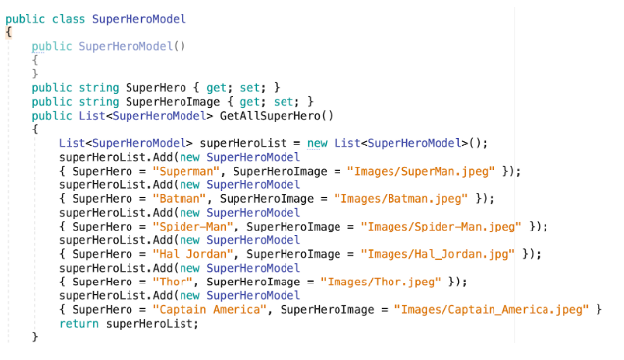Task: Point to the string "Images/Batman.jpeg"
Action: pos(399,198)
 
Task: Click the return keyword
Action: pos(79,323)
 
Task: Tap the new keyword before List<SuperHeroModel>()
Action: pos(317,143)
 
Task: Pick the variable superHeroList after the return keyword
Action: pos(147,323)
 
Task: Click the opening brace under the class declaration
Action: pos(9,32)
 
